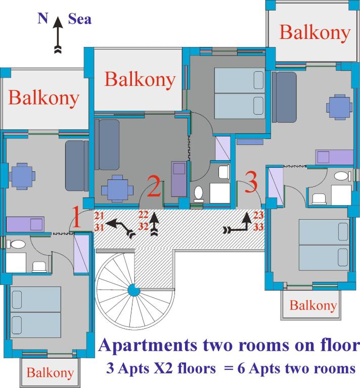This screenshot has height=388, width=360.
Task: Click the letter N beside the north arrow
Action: (x=42, y=19)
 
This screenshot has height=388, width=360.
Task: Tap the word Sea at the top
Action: (x=80, y=20)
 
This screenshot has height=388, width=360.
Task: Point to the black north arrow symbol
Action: (x=58, y=35)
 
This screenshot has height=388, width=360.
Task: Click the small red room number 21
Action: (x=100, y=217)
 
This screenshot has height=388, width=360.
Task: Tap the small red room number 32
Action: (x=143, y=227)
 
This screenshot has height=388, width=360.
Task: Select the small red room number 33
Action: (x=259, y=227)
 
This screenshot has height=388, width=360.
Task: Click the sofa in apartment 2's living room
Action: (x=109, y=144)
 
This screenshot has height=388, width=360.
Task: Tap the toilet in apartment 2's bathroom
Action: (x=199, y=193)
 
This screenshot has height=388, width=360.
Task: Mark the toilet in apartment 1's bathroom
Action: (x=18, y=245)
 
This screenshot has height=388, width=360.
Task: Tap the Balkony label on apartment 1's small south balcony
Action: (x=50, y=373)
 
